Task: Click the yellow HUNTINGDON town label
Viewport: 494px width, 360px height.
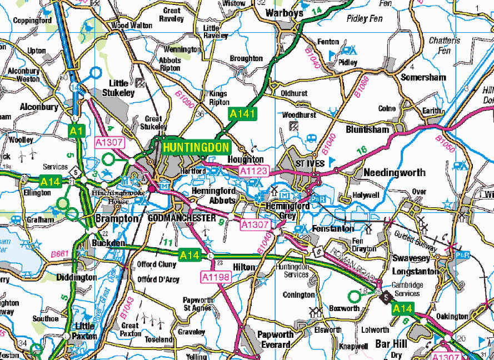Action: (x=196, y=147)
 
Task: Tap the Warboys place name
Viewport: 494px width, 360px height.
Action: (x=284, y=12)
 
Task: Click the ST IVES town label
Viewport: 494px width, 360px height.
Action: (x=308, y=164)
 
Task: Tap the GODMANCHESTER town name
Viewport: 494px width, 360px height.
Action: (x=181, y=218)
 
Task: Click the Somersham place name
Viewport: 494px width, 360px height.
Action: (x=423, y=78)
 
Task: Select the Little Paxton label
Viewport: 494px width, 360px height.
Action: (x=85, y=331)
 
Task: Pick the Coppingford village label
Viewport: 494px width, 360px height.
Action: (x=32, y=21)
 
